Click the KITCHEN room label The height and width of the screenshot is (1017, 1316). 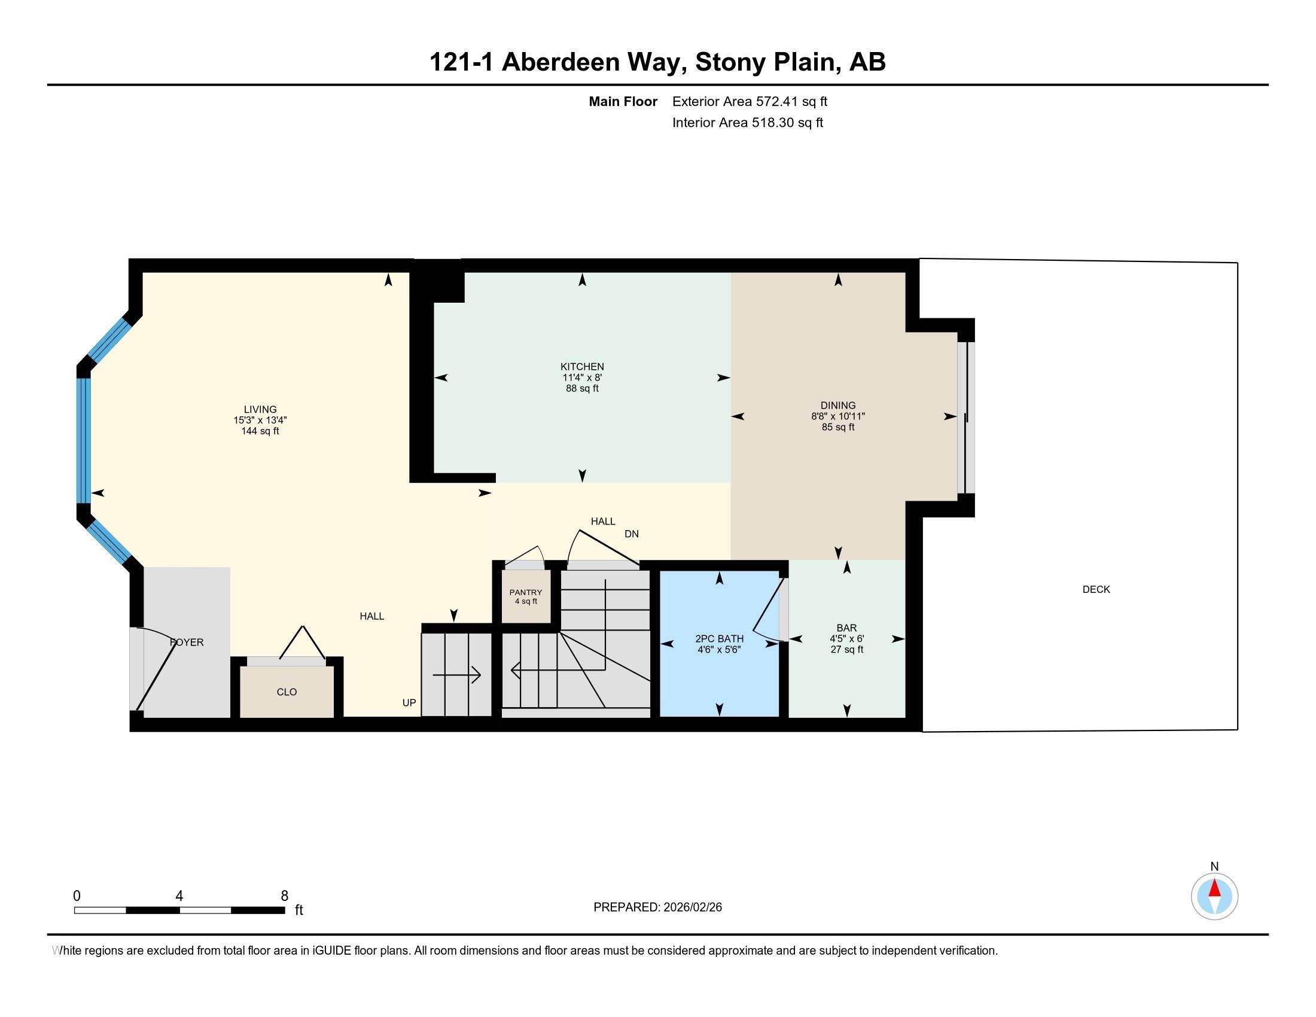click(581, 366)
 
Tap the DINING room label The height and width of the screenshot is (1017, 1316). click(837, 405)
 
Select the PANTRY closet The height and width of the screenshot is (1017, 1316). click(525, 596)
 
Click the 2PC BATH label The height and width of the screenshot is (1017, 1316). click(719, 639)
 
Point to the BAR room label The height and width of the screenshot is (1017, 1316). click(846, 628)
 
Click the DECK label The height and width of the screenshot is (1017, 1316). click(1095, 589)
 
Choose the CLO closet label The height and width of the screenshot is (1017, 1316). click(286, 692)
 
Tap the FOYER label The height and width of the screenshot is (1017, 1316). click(187, 643)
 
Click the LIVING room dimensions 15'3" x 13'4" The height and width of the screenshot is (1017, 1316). click(260, 421)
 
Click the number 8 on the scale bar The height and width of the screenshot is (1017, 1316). click(284, 896)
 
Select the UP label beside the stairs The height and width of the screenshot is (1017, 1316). click(409, 702)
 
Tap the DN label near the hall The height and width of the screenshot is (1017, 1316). click(631, 534)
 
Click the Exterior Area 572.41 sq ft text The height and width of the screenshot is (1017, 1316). click(750, 101)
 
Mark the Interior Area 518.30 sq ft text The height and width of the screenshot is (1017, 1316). click(747, 123)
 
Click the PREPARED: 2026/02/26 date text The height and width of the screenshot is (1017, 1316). click(657, 907)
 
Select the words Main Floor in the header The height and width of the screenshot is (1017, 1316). click(623, 101)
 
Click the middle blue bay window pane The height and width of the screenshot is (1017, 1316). click(83, 440)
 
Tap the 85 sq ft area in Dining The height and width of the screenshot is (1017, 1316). click(837, 427)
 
